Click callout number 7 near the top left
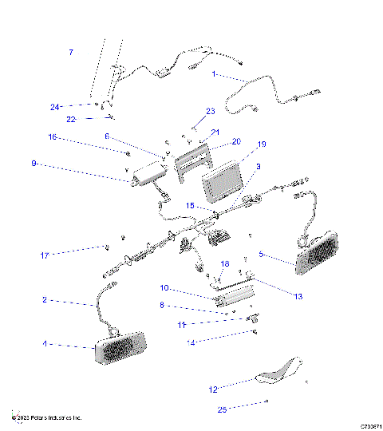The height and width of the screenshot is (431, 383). (70, 53)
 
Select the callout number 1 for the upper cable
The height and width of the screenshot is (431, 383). (214, 74)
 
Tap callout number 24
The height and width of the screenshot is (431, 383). (55, 106)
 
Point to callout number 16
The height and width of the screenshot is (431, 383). (53, 137)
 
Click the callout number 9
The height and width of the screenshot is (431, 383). (34, 164)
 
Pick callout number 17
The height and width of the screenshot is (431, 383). (45, 255)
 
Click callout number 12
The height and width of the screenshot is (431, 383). (213, 390)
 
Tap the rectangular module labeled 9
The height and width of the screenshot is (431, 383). (147, 172)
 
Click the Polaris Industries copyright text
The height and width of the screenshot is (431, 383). (46, 417)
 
